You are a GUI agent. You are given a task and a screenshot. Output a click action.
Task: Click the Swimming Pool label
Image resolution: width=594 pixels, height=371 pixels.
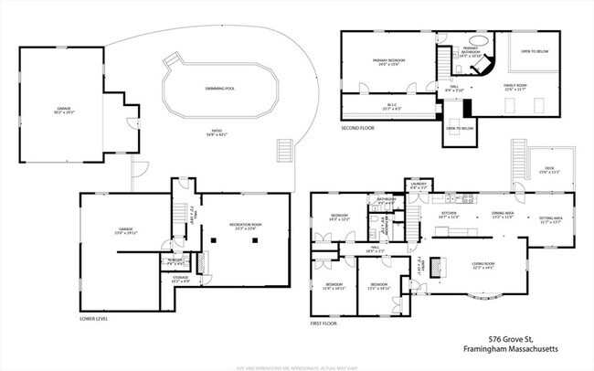(217, 88)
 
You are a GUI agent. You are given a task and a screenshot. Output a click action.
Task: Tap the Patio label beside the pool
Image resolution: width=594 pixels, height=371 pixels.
(217, 133)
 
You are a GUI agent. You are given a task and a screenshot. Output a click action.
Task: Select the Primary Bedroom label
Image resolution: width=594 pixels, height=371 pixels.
(388, 62)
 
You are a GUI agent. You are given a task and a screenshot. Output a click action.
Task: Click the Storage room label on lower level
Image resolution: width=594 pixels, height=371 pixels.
(180, 281)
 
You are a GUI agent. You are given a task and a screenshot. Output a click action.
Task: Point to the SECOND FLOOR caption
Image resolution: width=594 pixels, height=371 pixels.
(359, 129)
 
